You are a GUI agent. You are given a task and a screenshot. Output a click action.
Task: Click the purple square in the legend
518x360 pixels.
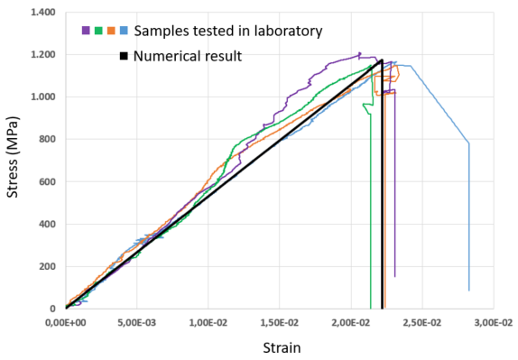coord(86,31)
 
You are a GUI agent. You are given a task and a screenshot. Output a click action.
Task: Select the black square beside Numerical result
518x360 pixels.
coord(124,56)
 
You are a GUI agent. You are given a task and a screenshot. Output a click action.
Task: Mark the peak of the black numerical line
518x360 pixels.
coord(383,60)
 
